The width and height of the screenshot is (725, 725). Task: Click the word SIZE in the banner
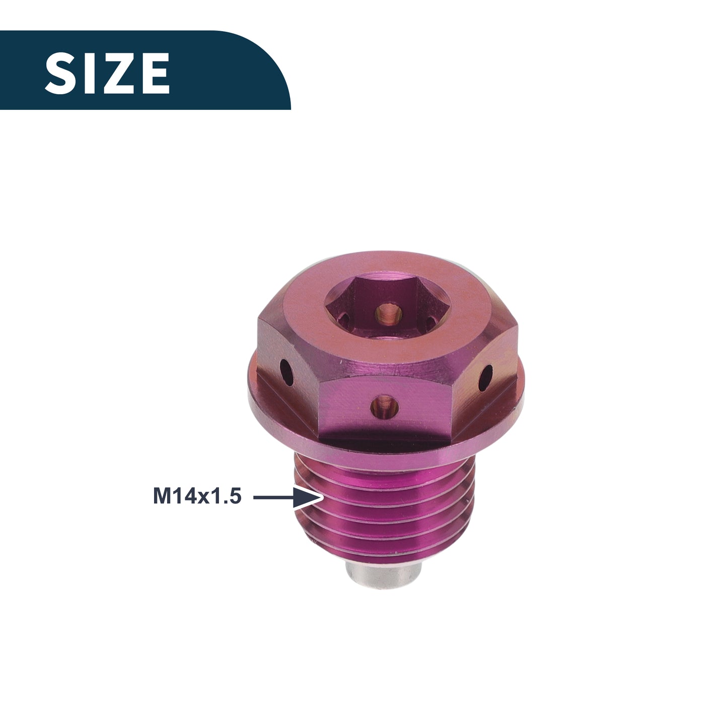coord(107,73)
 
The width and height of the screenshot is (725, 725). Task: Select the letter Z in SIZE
coord(117,73)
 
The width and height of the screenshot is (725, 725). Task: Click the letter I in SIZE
coord(89,73)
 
